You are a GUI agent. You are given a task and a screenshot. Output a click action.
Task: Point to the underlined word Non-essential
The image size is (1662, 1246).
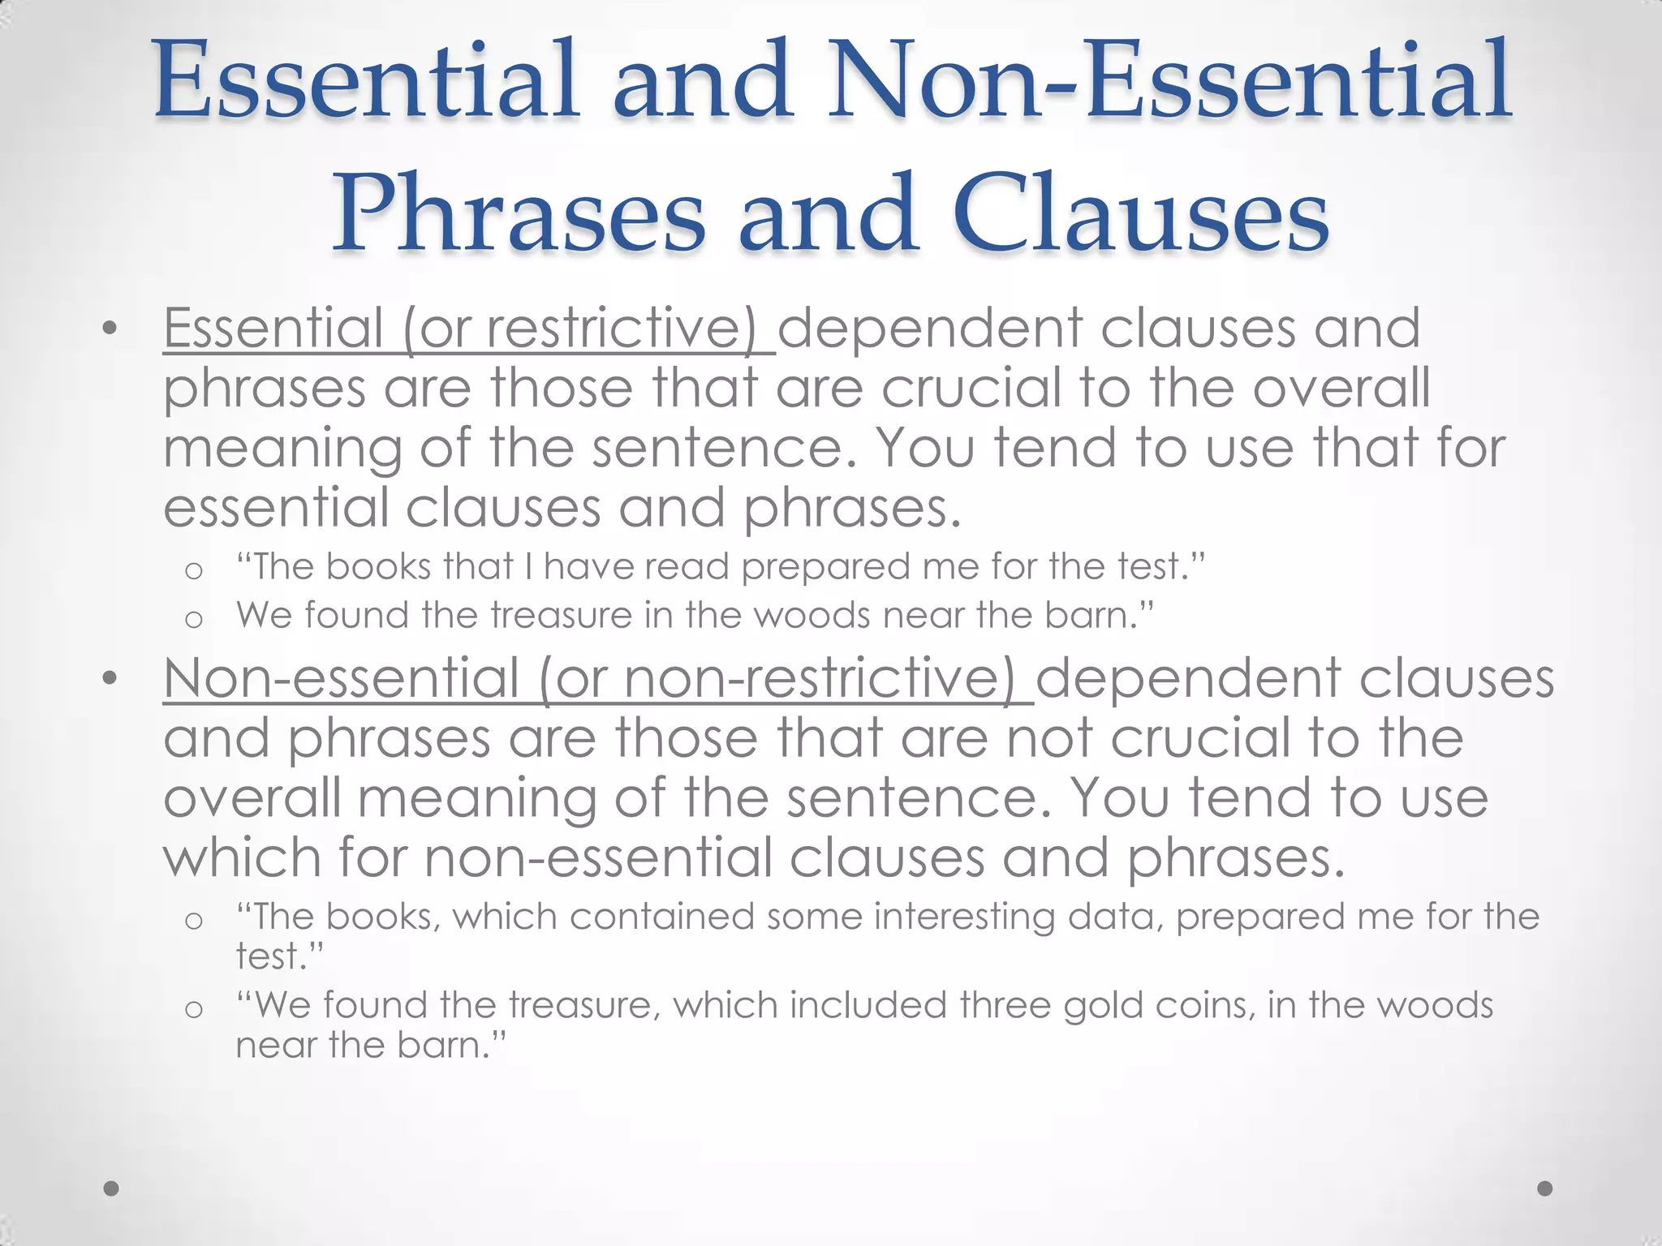341,678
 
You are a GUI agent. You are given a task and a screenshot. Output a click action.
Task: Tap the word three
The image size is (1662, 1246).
1005,1006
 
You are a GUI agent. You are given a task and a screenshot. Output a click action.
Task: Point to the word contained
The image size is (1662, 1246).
661,917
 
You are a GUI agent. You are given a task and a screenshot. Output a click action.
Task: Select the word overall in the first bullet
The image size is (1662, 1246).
1341,388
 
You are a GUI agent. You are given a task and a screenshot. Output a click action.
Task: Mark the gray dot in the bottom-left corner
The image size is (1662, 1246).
112,1188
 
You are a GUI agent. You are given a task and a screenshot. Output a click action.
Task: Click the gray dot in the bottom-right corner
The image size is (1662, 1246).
1545,1188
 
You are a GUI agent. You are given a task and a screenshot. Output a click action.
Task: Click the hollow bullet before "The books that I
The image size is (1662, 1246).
193,571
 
